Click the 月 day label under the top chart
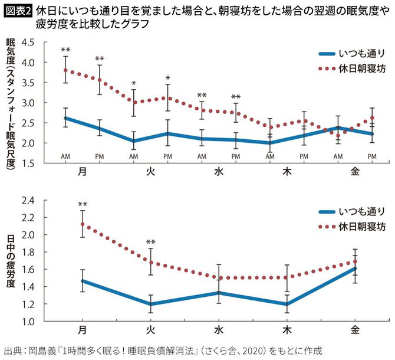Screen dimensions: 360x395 (82, 171)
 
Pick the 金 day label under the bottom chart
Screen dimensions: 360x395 (354, 329)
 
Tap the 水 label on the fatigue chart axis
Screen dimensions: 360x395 (218, 329)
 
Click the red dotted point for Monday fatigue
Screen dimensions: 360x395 (82, 224)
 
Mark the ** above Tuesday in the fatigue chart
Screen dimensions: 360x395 (150, 242)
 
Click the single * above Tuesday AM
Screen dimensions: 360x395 (134, 83)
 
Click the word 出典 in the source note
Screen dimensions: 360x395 (12, 350)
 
